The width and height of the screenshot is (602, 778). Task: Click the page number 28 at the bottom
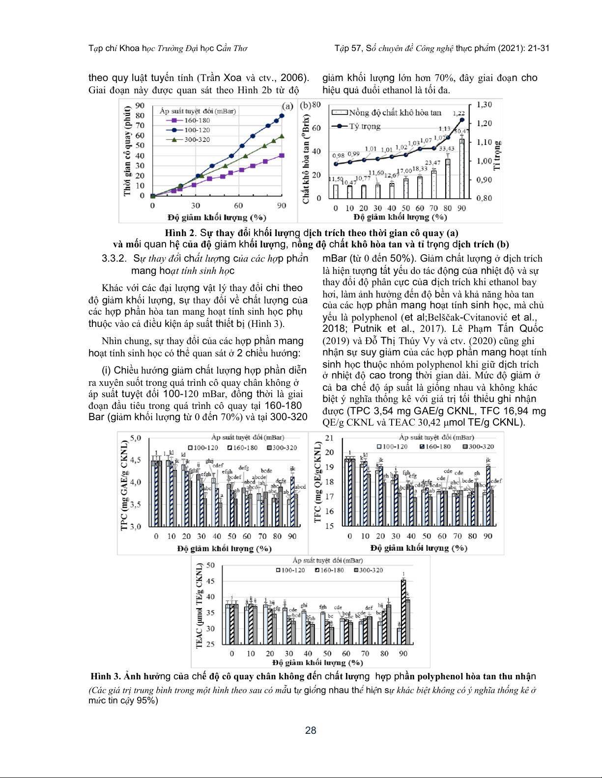(x=311, y=730)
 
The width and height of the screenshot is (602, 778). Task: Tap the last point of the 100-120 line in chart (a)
(x=282, y=116)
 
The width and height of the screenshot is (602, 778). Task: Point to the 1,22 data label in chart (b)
(x=459, y=113)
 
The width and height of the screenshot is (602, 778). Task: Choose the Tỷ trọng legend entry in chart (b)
(x=364, y=126)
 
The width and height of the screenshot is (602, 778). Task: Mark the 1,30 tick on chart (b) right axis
(x=484, y=105)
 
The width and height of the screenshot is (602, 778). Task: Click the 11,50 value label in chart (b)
(x=335, y=179)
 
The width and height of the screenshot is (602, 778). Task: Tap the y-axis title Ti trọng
(x=497, y=155)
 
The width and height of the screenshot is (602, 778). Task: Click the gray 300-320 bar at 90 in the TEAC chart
(x=408, y=622)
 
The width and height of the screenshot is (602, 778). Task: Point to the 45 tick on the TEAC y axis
(x=210, y=581)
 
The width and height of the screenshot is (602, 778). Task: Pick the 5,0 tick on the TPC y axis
(x=135, y=438)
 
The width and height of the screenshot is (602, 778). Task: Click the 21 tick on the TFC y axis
(x=329, y=438)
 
